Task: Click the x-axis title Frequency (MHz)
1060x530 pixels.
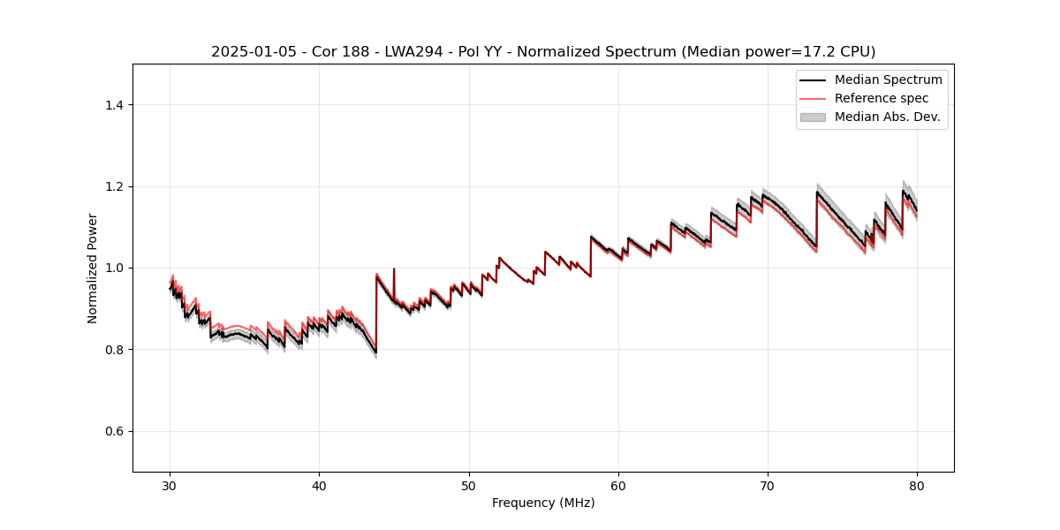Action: tap(543, 503)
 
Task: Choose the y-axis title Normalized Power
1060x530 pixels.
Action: tap(93, 268)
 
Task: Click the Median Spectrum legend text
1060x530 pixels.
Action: tap(888, 79)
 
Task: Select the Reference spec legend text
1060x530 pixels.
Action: tap(882, 98)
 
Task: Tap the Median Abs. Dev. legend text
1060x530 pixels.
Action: tap(887, 117)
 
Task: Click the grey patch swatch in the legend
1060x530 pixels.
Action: tap(813, 117)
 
